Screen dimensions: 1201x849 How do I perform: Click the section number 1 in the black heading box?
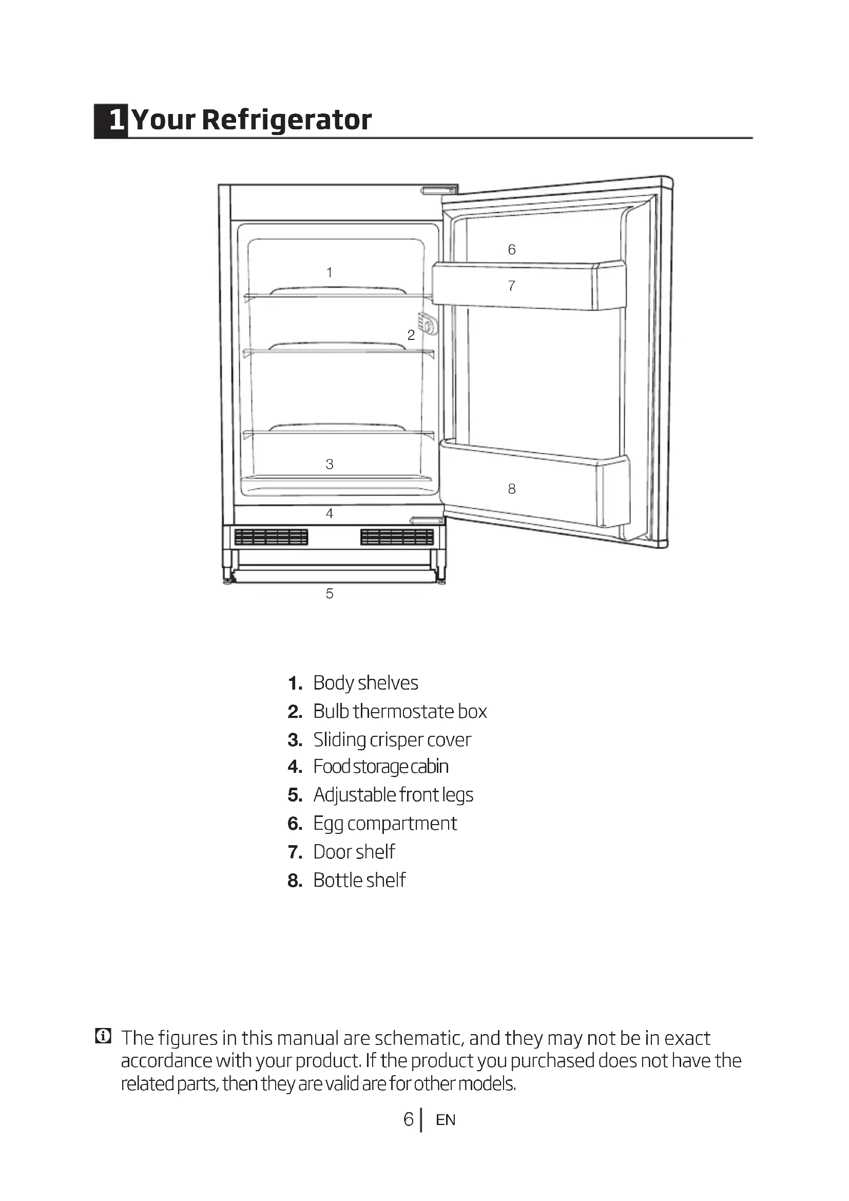click(116, 120)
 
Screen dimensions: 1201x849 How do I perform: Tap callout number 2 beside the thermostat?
click(411, 335)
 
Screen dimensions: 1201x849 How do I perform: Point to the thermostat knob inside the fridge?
click(428, 325)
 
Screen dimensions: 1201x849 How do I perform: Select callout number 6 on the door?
click(512, 250)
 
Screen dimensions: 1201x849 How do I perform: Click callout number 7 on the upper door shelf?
click(512, 285)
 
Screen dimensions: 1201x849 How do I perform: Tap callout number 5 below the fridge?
click(330, 594)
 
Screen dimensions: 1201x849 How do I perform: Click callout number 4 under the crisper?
click(330, 513)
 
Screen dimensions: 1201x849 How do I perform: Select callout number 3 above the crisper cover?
click(330, 464)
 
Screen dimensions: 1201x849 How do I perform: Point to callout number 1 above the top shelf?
click(330, 272)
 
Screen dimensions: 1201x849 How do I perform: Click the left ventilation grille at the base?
click(271, 537)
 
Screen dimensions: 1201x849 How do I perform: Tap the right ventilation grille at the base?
click(397, 537)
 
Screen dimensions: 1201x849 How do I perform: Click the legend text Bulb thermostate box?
click(400, 711)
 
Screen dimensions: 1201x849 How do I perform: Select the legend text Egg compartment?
click(385, 823)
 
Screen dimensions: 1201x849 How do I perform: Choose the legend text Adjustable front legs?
click(393, 794)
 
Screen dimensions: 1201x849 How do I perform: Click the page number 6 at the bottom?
click(408, 1119)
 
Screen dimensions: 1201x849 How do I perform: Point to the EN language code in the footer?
click(446, 1120)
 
